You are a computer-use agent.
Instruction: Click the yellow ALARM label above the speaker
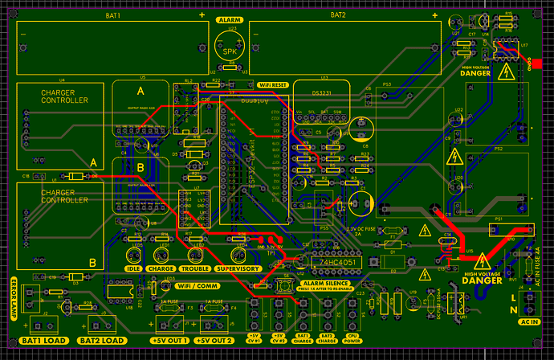(x=231, y=18)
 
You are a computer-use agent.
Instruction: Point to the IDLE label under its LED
(x=134, y=268)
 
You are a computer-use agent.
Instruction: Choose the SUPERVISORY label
(x=238, y=268)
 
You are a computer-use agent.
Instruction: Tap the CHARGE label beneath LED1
(x=161, y=268)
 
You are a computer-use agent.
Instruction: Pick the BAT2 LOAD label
(x=102, y=341)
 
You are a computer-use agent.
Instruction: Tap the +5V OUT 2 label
(x=218, y=341)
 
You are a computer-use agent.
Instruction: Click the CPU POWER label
(x=351, y=340)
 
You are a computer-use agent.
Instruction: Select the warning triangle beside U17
(x=506, y=73)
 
